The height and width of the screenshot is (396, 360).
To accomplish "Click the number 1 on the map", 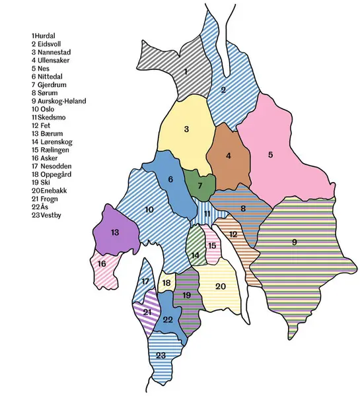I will point(186,71).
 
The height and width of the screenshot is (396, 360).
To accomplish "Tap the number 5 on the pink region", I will point(270,155).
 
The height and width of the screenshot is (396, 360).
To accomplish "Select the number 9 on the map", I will point(295,242).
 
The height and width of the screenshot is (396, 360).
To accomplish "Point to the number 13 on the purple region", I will point(114,232).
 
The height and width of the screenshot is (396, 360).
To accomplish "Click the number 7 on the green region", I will point(199,185).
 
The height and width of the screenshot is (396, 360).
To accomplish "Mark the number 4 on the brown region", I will point(229,156).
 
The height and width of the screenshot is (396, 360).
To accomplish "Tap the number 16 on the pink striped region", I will point(102,264).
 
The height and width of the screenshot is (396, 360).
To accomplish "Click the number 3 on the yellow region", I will point(187,129).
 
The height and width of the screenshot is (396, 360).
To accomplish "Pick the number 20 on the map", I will point(221,286).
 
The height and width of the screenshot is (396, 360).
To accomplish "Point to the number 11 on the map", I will point(207,214).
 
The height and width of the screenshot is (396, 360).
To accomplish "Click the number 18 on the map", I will point(166,283).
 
